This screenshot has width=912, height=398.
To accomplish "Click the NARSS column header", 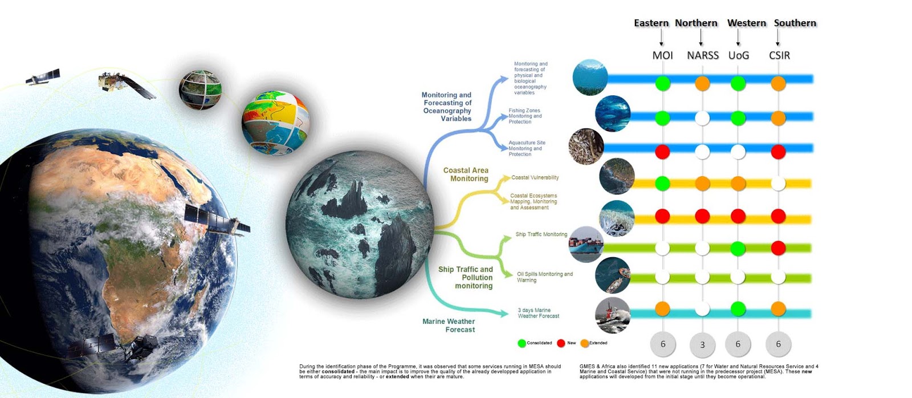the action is pos(703,55).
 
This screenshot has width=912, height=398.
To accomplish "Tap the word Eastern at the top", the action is pos(651,23).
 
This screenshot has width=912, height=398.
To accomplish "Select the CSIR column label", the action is pos(779,55).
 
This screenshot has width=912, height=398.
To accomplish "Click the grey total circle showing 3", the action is pos(702,344).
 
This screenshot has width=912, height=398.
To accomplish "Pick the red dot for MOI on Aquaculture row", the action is pos(662,152).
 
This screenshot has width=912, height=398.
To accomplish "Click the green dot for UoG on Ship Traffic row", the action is pos(738,248).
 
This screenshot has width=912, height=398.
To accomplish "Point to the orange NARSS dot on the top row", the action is pos(702,83).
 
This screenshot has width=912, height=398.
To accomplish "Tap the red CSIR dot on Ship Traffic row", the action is pos(778,248).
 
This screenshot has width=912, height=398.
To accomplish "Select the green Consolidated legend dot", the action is pos(522,343).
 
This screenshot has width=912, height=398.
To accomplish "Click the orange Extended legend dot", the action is pos(585,343).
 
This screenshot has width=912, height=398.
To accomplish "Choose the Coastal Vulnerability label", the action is pos(535,177).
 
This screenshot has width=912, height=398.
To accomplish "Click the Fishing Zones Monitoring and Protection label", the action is pos(525,116).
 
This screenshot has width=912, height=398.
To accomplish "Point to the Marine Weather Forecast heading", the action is pos(449,326).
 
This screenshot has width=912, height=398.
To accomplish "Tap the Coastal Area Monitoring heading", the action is pos(466,174).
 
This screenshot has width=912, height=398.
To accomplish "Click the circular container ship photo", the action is pos(587,245).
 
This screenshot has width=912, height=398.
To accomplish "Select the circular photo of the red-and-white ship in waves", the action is pos(612,315).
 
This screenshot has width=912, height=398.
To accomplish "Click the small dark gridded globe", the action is pos(200,90).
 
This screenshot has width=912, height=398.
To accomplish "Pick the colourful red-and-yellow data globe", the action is pos(276,123).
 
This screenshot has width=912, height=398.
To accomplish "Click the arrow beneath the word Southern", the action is pos(777,38).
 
